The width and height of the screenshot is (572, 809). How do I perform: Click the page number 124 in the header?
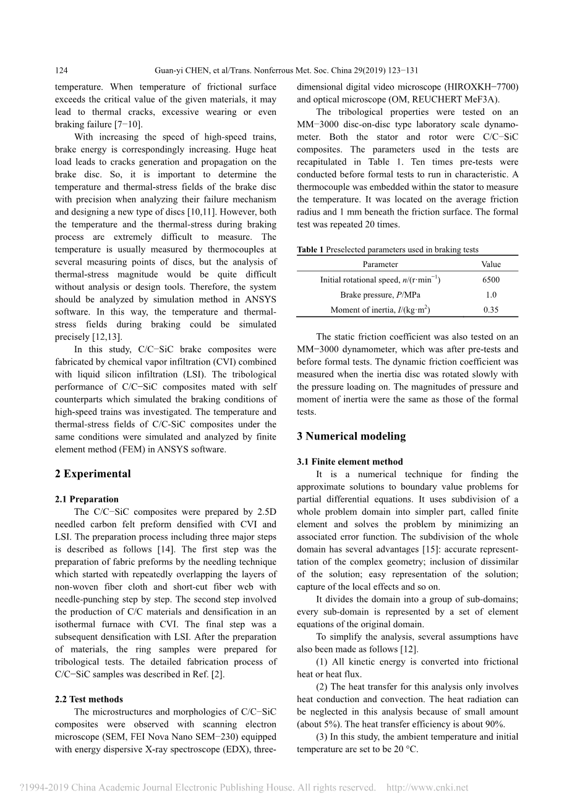coord(61,71)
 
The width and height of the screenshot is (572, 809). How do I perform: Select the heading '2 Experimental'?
coord(93,474)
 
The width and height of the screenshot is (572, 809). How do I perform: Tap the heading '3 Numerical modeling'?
coord(351,436)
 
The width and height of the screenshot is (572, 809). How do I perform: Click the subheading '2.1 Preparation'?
coord(87,499)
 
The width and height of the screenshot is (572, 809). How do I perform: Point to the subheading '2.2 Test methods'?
coord(89,700)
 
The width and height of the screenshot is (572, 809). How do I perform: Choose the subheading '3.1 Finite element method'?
coord(349,462)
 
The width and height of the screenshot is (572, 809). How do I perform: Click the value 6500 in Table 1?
coord(491,280)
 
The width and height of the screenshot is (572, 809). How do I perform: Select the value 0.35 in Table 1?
coord(491,310)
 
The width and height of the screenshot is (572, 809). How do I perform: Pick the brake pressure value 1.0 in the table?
coord(491,295)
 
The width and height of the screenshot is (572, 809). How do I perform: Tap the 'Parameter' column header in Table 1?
coord(380,265)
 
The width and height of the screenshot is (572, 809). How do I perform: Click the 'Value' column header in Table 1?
coord(491,265)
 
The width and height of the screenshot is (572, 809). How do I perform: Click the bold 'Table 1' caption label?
coord(310,250)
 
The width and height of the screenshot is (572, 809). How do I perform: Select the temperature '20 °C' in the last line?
coord(406,750)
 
